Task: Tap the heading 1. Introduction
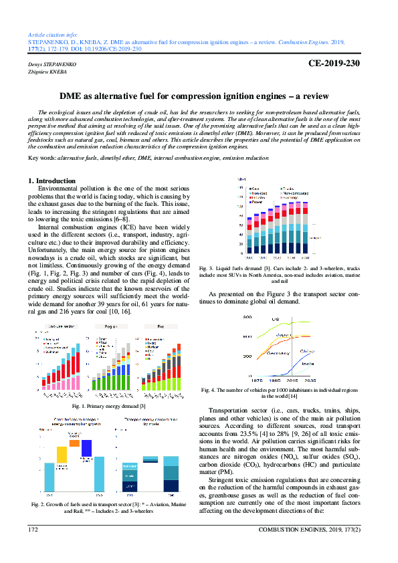click(x=52, y=181)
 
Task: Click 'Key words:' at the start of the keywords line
click(x=42, y=158)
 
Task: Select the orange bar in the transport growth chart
click(x=74, y=443)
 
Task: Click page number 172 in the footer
click(x=33, y=530)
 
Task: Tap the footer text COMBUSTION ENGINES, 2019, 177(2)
click(x=314, y=530)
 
